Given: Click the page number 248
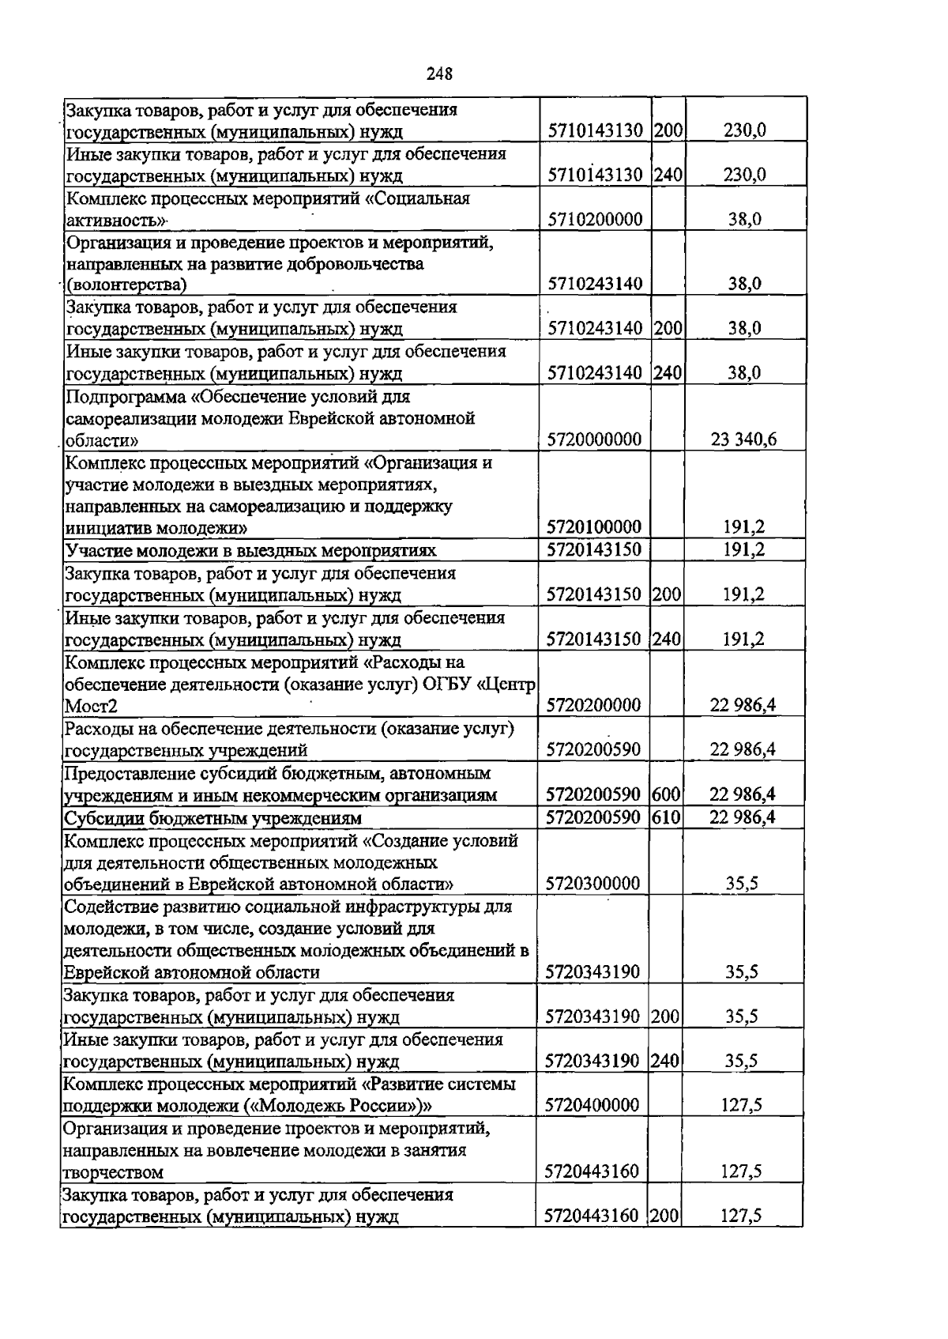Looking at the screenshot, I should tap(439, 74).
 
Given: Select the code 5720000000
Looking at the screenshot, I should tap(593, 439).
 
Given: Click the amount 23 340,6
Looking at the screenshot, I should tap(743, 439).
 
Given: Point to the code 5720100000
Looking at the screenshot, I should tap(593, 527).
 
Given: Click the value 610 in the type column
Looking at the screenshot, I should tap(667, 817).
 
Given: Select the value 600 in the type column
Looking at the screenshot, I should tap(667, 794).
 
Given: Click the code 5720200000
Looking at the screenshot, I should tap(593, 705).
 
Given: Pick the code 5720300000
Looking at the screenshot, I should tap(592, 883).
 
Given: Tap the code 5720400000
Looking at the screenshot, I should tap(592, 1105).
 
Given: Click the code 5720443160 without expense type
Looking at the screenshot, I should tap(592, 1171).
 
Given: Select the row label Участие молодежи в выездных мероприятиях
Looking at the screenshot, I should tap(250, 551).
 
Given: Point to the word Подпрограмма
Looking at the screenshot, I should tap(123, 396).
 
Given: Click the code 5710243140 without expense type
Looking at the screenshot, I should tap(594, 284).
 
